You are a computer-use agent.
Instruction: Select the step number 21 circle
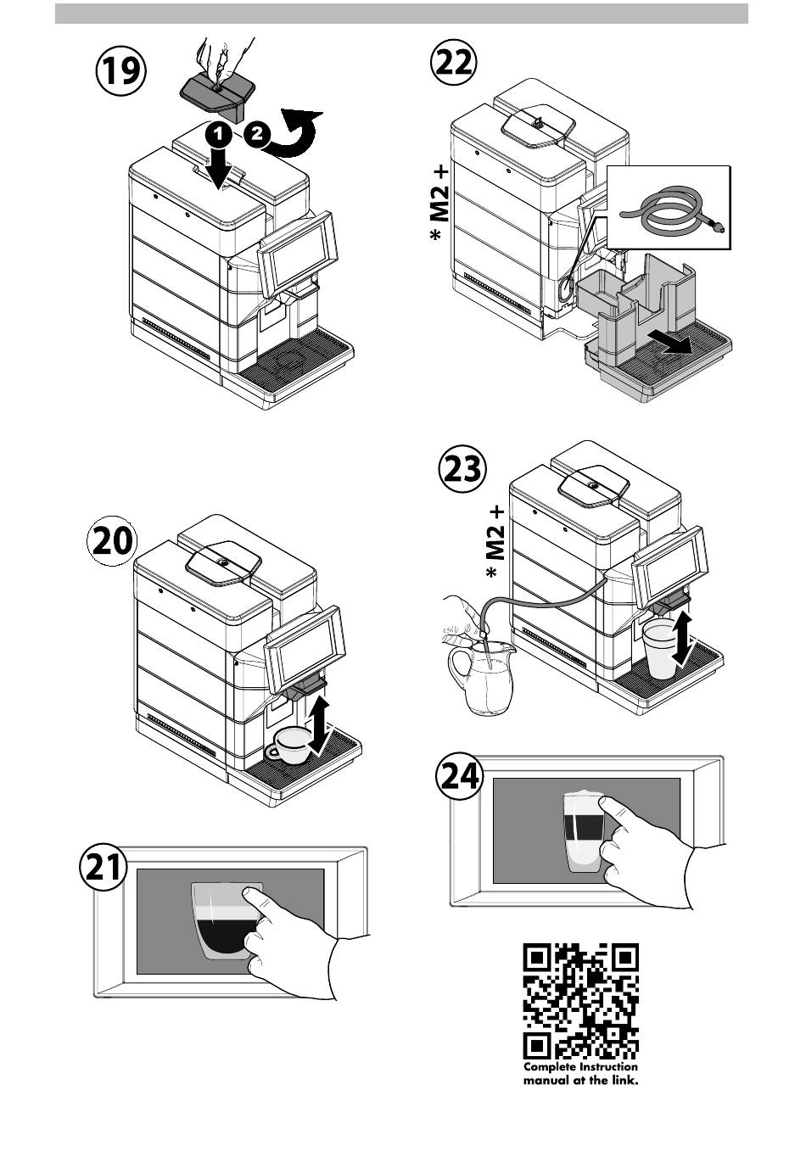[104, 869]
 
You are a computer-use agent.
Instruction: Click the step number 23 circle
[462, 468]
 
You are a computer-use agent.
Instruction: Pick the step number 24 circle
[460, 775]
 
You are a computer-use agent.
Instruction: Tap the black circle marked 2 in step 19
[256, 134]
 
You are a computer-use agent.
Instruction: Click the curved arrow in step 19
[294, 136]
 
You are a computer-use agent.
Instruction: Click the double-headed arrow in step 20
[319, 725]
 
